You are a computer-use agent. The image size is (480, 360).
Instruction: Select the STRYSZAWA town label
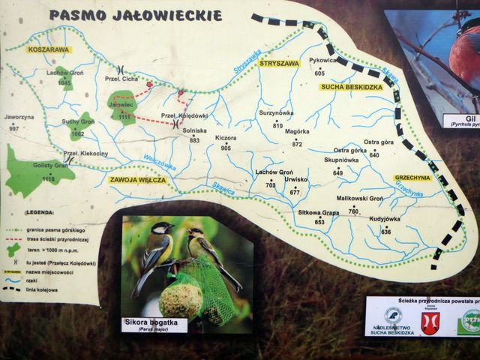279,64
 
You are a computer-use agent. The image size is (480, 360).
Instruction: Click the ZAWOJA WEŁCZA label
136,180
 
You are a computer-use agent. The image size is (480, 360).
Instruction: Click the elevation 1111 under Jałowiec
124,117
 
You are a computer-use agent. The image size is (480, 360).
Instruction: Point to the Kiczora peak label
225,139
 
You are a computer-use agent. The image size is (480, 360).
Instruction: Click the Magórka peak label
297,131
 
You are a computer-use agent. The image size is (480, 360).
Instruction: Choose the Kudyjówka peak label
385,219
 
